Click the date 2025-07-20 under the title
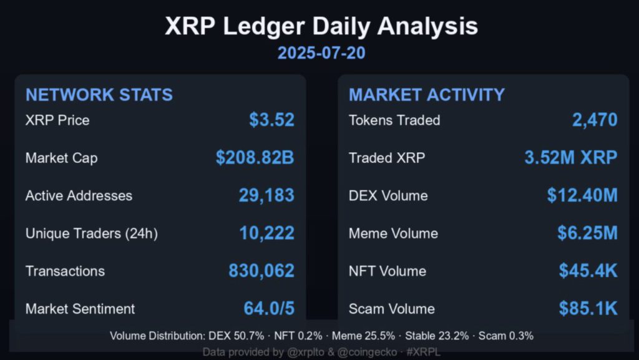pyautogui.click(x=321, y=53)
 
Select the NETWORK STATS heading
pyautogui.click(x=99, y=95)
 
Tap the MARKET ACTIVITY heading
pyautogui.click(x=427, y=95)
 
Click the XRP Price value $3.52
pyautogui.click(x=271, y=120)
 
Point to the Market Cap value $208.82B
pyautogui.click(x=255, y=158)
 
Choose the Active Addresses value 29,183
pyautogui.click(x=266, y=195)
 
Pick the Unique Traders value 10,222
pyautogui.click(x=266, y=233)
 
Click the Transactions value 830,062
pyautogui.click(x=261, y=271)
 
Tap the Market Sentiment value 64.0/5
pyautogui.click(x=268, y=308)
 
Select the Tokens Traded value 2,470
pyautogui.click(x=595, y=120)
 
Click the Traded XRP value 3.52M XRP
pyautogui.click(x=570, y=158)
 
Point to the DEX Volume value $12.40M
pyautogui.click(x=582, y=195)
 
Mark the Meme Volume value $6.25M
pyautogui.click(x=587, y=233)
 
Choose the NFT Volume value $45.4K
pyautogui.click(x=588, y=271)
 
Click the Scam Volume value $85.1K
pyautogui.click(x=588, y=308)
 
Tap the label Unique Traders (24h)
pyautogui.click(x=91, y=233)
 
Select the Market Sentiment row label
pyautogui.click(x=80, y=308)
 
